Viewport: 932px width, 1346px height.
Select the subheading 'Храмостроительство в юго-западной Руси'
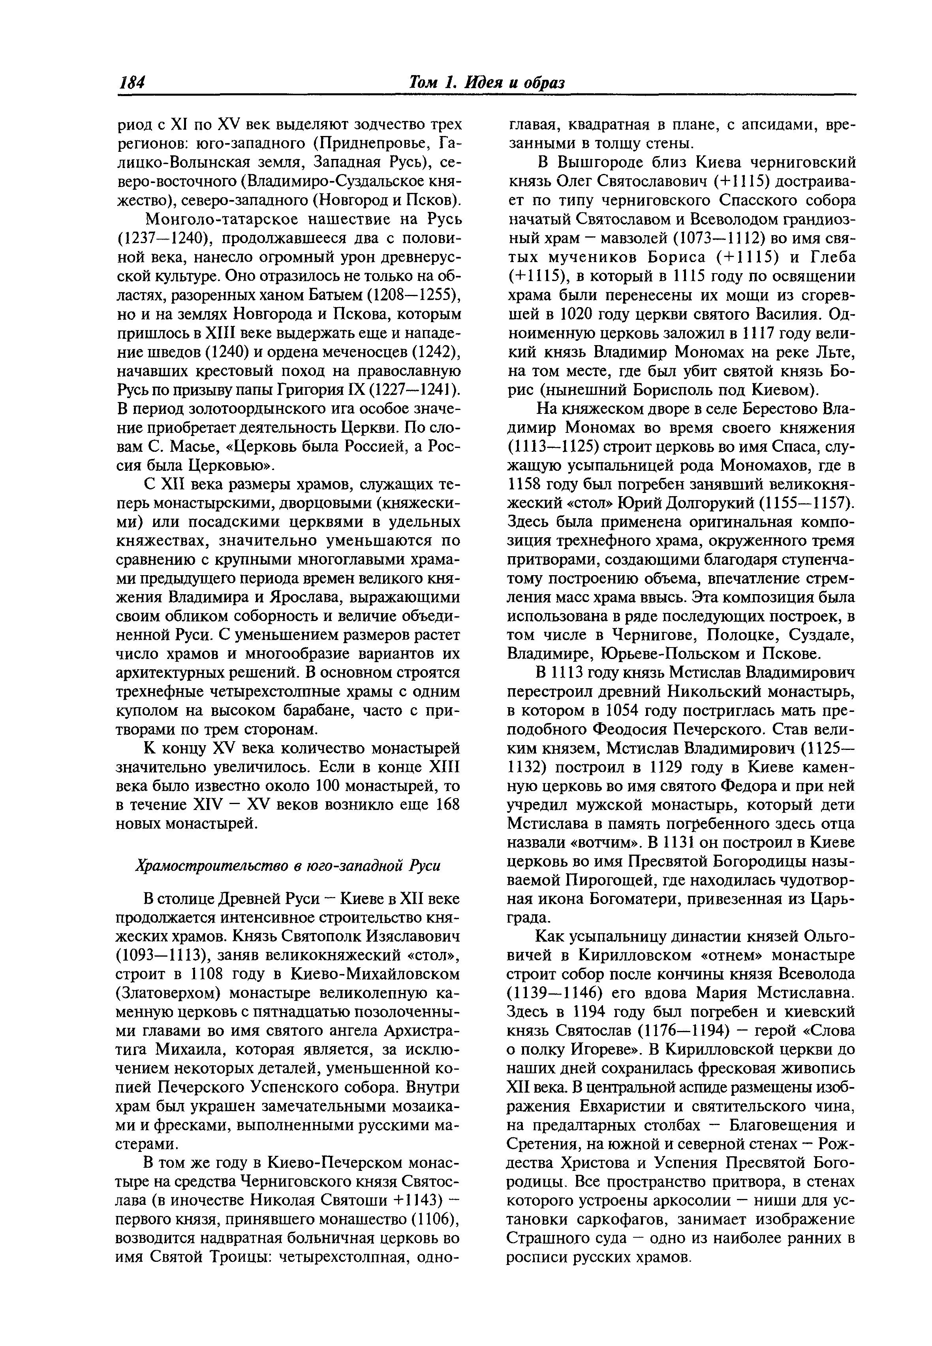(x=287, y=866)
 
